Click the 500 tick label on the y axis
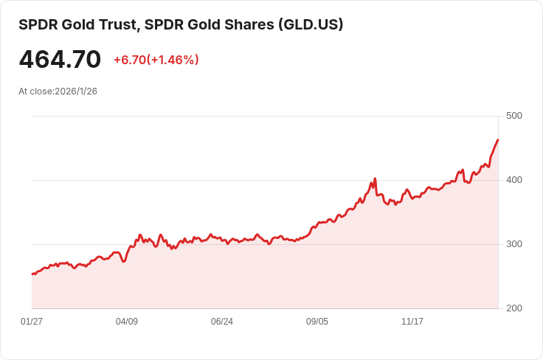(x=514, y=116)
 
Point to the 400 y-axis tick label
(x=514, y=180)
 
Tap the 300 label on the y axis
(x=514, y=244)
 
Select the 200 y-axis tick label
(x=514, y=308)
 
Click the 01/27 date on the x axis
(x=32, y=322)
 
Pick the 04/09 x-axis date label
(x=127, y=322)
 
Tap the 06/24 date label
(x=222, y=322)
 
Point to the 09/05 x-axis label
(x=317, y=322)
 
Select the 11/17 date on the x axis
(x=412, y=322)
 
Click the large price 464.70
(x=60, y=59)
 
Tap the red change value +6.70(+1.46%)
(x=156, y=60)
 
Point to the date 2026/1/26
(x=76, y=91)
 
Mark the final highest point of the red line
(x=498, y=139)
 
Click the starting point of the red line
(x=32, y=274)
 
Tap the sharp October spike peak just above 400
(x=375, y=179)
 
